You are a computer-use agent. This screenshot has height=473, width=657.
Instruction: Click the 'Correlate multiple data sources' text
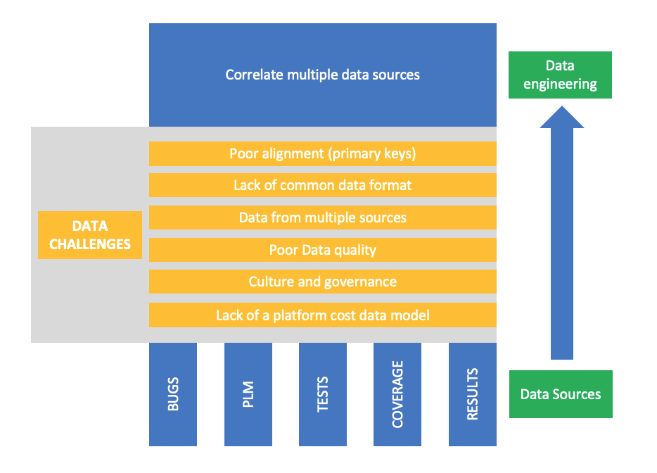[322, 75]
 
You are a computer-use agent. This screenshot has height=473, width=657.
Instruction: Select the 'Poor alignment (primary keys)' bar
[323, 153]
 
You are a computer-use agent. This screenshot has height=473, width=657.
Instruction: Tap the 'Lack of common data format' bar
[323, 185]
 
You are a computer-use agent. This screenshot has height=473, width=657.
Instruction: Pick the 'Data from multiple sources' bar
[323, 217]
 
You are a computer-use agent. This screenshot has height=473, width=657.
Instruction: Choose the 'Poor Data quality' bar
[323, 250]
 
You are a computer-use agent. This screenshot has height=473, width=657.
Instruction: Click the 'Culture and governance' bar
[323, 282]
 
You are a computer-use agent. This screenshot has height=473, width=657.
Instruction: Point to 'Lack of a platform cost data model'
[323, 315]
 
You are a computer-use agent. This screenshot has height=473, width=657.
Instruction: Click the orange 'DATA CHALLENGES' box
[90, 235]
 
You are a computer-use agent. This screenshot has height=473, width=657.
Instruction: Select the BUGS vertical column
[173, 394]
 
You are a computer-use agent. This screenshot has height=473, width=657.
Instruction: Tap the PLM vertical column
[248, 394]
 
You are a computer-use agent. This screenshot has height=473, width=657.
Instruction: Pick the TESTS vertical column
[323, 394]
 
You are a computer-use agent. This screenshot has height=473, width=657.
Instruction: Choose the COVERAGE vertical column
[397, 394]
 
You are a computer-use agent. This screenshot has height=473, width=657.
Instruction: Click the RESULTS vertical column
[473, 394]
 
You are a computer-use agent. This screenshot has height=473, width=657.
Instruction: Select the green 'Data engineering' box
[560, 75]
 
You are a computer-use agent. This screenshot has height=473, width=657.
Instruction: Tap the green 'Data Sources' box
[561, 394]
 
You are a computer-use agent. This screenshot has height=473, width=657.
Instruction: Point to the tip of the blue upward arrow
[562, 106]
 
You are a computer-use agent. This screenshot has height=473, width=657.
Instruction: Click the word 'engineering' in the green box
[560, 84]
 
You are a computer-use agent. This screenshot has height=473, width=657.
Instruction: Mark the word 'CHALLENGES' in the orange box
[90, 244]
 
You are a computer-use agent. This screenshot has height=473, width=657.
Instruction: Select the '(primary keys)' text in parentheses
[372, 154]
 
